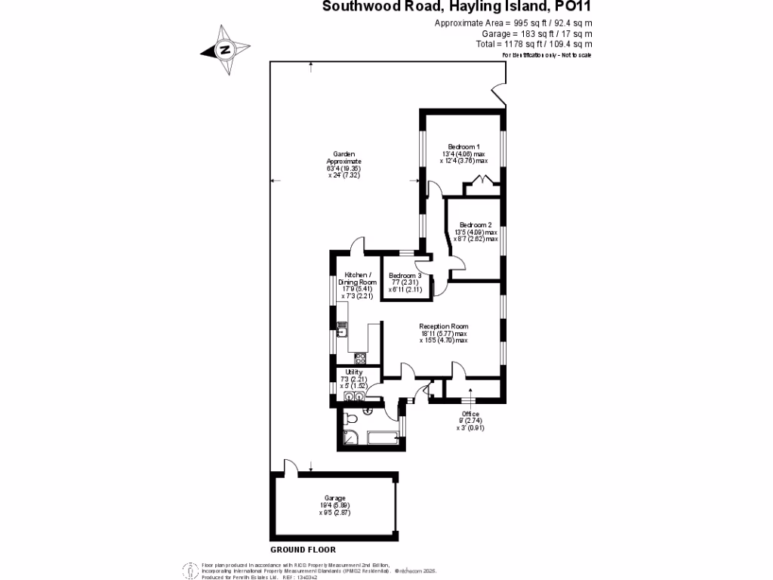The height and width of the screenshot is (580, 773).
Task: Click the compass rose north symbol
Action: point(224,51)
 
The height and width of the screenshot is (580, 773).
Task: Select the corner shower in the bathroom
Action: point(350,437)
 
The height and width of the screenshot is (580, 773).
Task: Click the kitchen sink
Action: point(341,329)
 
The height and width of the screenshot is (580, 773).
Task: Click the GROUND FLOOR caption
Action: point(302,550)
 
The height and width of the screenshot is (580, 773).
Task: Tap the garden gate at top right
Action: point(497,94)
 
